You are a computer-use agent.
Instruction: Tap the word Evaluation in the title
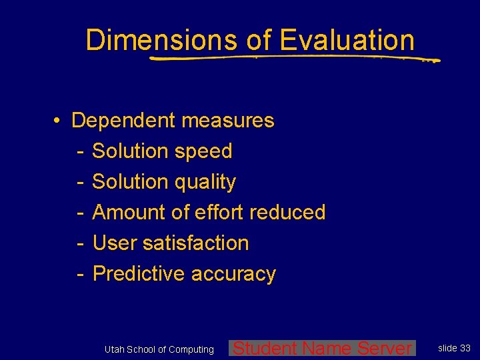[x=347, y=40]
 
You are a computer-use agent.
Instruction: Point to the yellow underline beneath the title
[x=293, y=59]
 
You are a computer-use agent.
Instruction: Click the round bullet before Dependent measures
[x=59, y=121]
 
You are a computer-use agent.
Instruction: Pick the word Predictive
[x=139, y=274]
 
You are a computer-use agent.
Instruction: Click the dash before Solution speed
[x=79, y=151]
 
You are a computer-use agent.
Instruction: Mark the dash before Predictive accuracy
[x=79, y=274]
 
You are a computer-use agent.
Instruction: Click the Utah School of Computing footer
[x=159, y=349]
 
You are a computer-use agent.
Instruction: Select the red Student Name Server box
[x=322, y=348]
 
